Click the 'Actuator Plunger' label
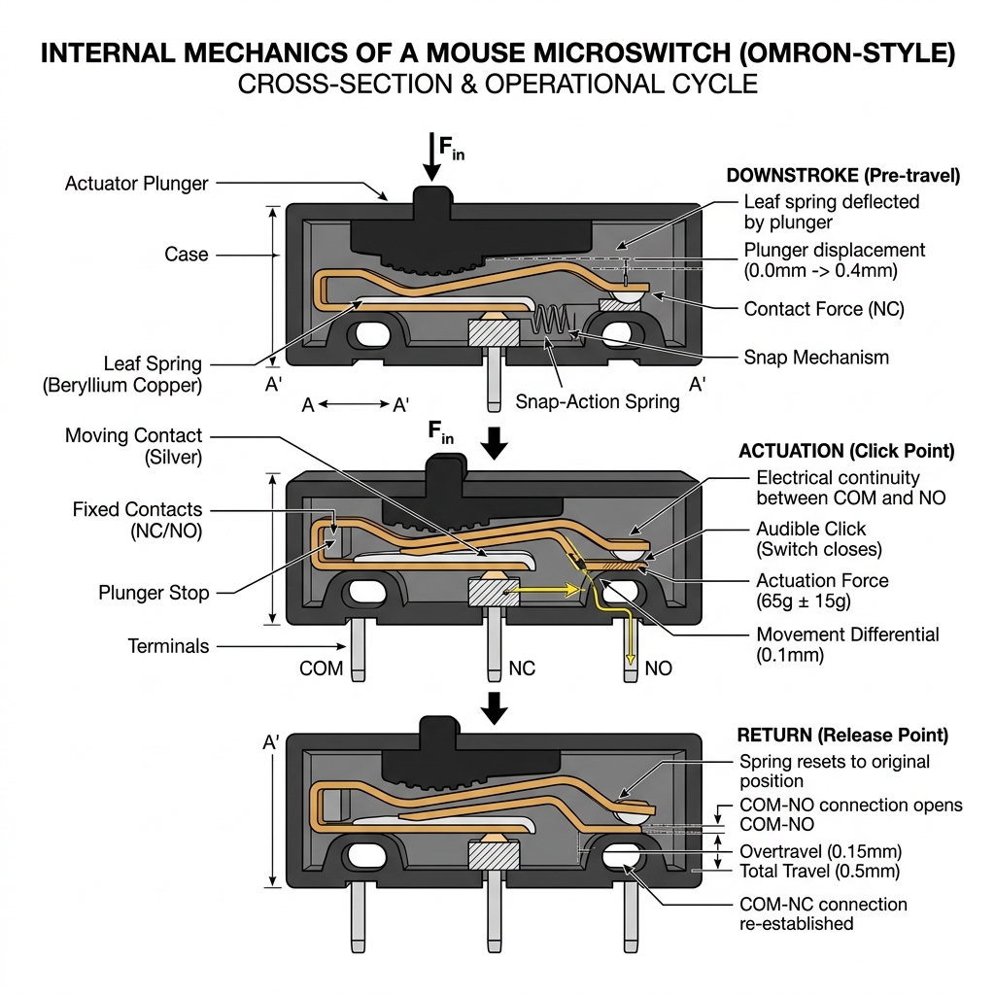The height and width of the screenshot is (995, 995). (x=136, y=183)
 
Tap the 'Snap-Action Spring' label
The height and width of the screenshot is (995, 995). (x=597, y=401)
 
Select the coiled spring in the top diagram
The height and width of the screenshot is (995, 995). (x=551, y=324)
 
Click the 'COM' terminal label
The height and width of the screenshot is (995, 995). (x=321, y=669)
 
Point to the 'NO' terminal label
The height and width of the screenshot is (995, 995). (x=658, y=669)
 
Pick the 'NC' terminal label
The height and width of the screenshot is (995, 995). (x=521, y=669)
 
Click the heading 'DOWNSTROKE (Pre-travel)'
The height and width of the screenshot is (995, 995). (x=842, y=176)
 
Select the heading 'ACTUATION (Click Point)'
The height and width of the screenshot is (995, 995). (x=846, y=452)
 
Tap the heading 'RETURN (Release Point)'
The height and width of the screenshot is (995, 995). (x=842, y=735)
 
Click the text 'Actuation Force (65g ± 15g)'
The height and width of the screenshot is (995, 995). (x=822, y=591)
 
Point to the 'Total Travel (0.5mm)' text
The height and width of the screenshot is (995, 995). (x=819, y=871)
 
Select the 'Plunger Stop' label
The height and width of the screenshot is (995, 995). (x=154, y=592)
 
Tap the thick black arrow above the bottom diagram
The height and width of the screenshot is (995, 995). (x=495, y=709)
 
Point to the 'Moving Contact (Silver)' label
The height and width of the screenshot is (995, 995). (x=134, y=446)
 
